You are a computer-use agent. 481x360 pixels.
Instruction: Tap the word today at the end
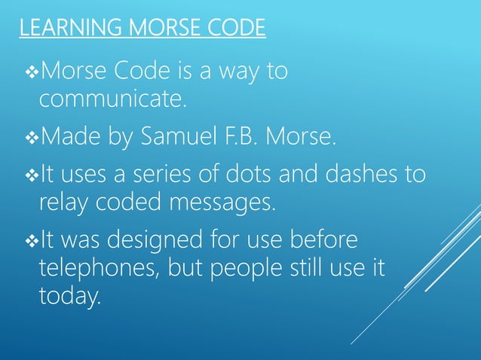[69, 296]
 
